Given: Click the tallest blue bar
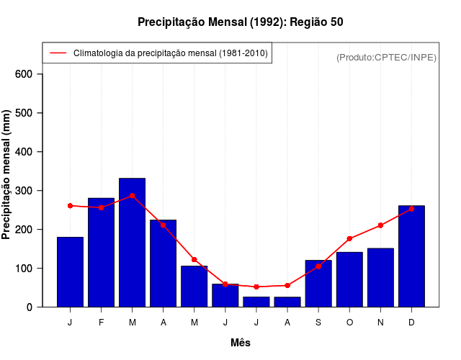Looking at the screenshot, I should [x=132, y=242].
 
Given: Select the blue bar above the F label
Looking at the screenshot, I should [x=101, y=252].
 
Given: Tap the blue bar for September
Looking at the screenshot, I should [x=318, y=283].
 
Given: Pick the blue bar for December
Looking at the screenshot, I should [x=411, y=256].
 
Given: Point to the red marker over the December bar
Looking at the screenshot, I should [x=411, y=209].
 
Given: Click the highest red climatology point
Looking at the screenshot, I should [x=132, y=196].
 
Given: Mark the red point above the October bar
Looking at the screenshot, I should [x=349, y=238].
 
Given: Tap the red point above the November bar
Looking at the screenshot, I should [x=380, y=225].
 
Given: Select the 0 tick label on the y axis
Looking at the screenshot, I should [x=30, y=307].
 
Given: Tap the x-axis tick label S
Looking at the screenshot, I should [x=318, y=323].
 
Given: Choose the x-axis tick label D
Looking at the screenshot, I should [x=411, y=323].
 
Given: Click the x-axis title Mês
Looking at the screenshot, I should [x=241, y=343].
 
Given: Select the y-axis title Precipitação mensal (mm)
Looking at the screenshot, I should [x=7, y=174].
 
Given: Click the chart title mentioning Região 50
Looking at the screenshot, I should [x=241, y=22].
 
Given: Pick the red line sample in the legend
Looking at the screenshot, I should [x=58, y=53].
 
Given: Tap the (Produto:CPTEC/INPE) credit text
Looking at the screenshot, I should [x=387, y=57].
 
